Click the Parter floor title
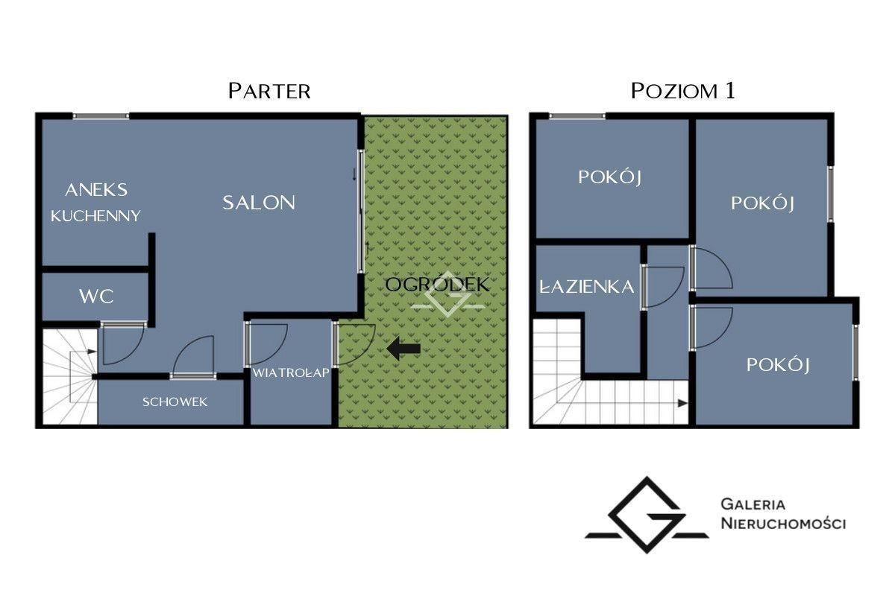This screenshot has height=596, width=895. [x=269, y=91]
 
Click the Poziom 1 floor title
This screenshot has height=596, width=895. [x=683, y=91]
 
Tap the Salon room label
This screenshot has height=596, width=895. [x=259, y=203]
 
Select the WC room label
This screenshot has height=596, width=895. [x=96, y=297]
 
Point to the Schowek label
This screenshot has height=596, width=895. [x=175, y=402]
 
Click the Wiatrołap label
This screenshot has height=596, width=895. [x=291, y=372]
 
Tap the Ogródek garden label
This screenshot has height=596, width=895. [x=437, y=285]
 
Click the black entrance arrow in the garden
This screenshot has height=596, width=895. [x=403, y=349]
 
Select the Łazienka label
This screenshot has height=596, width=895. [x=586, y=287]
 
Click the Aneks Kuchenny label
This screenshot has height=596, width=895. [x=96, y=203]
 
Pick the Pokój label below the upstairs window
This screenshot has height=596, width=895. [x=610, y=177]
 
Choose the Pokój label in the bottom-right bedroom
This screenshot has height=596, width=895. [x=778, y=364]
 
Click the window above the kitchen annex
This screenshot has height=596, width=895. [x=101, y=116]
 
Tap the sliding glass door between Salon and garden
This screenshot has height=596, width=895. [x=361, y=211]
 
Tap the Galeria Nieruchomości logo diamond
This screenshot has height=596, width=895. [x=647, y=515]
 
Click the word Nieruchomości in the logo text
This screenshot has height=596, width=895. [x=783, y=523]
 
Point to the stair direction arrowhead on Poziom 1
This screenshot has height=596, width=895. [x=683, y=403]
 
